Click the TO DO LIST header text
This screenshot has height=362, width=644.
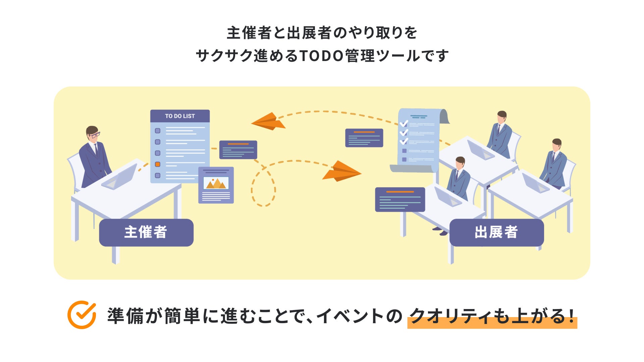(180, 116)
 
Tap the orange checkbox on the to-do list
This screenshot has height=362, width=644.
(158, 164)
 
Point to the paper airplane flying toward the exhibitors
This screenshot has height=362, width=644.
(342, 172)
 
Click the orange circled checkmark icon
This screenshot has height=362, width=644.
(82, 315)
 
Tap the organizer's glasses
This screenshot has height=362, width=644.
(95, 135)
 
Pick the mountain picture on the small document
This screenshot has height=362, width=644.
(216, 183)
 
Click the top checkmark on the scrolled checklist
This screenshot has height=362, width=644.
(404, 123)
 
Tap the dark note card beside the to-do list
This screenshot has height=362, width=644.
(238, 149)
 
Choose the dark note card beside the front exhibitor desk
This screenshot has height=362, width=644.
(400, 199)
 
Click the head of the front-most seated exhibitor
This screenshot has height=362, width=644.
(460, 163)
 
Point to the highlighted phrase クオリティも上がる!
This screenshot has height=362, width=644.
(492, 316)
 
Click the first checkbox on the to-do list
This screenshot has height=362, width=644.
(158, 131)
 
